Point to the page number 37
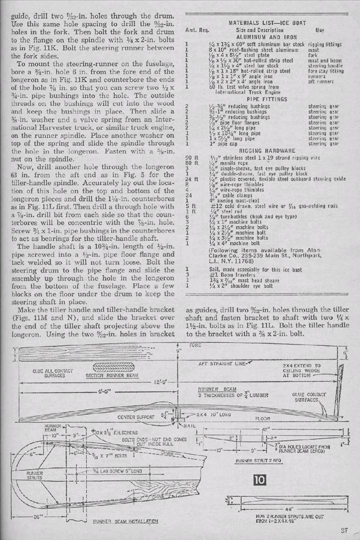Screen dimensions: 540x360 (345, 530)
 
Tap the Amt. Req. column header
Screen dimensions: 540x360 (196, 30)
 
